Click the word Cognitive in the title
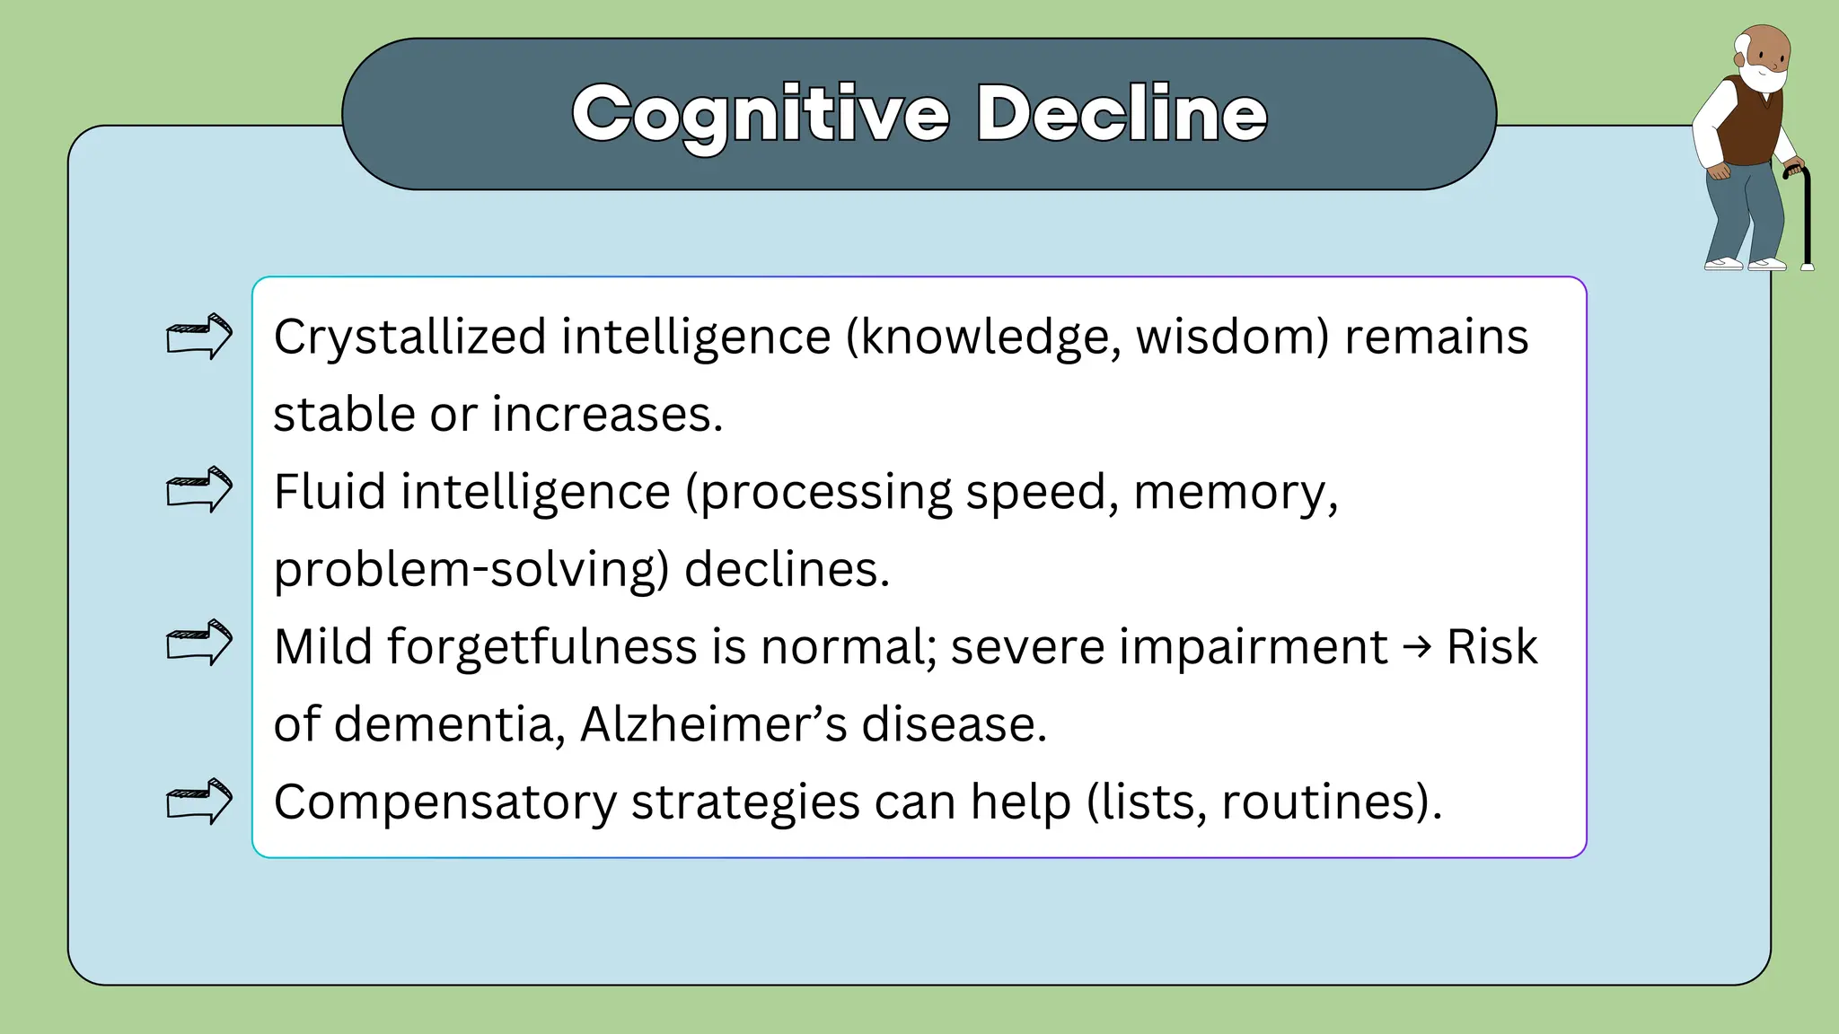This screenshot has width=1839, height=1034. point(760,114)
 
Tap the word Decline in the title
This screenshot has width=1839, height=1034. point(1122,114)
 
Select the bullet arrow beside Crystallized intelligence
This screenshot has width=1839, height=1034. point(199,337)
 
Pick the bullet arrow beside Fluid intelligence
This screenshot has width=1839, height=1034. point(199,490)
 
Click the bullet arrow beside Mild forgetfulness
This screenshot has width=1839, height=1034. point(199,643)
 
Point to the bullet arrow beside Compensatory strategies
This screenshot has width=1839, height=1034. point(199,801)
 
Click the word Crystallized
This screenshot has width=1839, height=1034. point(409,337)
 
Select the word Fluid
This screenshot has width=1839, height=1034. point(330,492)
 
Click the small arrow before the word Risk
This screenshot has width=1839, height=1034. point(1417,646)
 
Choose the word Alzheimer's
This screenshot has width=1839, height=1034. point(713,724)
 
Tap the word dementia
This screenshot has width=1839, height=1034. point(450,724)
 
